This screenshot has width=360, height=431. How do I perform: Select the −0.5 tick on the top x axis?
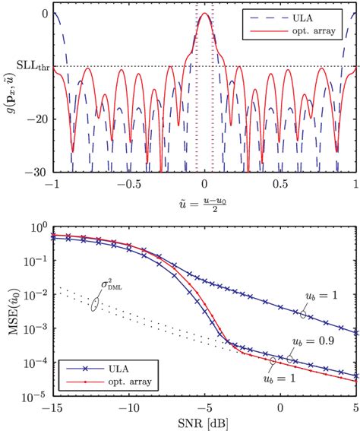click(127, 185)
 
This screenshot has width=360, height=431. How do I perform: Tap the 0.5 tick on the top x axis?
click(280, 185)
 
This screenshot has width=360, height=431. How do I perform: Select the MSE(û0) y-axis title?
click(11, 312)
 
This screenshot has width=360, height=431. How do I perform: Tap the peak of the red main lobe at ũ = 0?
click(205, 14)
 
